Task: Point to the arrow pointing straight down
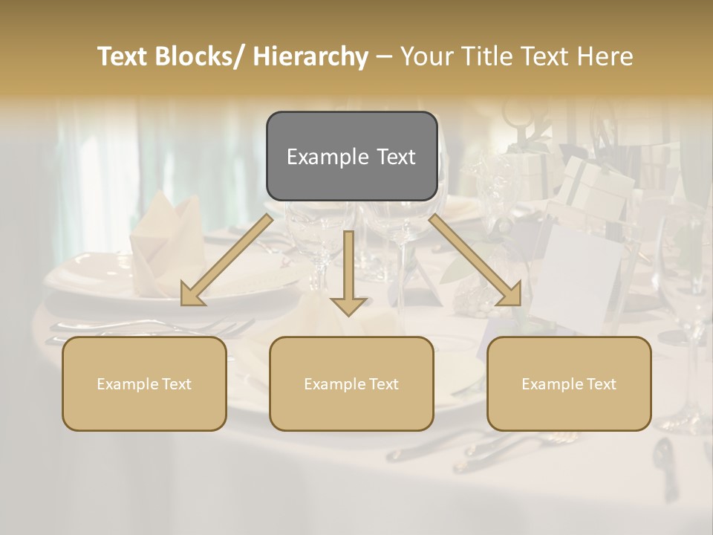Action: coord(348,275)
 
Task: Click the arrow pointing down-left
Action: coord(227,261)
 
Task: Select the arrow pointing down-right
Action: coord(475,261)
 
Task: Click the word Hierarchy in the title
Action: coord(310,56)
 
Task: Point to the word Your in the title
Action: coord(425,56)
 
